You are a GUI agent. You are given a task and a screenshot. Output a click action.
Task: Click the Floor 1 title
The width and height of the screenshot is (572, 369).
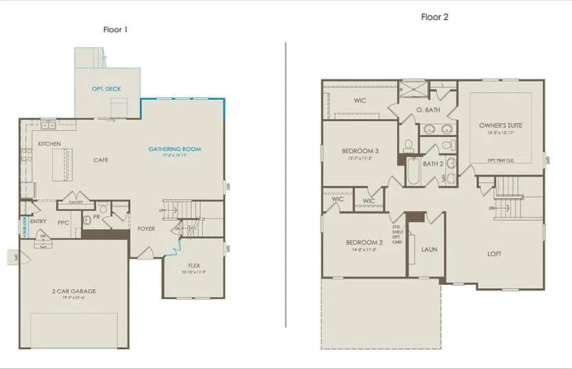114,29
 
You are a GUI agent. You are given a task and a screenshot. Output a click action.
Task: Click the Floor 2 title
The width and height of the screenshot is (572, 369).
434,17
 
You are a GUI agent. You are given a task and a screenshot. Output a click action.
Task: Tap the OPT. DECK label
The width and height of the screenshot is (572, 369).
106,90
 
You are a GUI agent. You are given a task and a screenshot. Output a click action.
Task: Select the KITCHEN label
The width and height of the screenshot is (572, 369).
49,144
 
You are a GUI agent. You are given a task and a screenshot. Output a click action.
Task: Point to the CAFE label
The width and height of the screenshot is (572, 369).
101,160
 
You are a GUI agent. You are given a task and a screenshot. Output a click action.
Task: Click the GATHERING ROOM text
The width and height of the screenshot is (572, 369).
175,149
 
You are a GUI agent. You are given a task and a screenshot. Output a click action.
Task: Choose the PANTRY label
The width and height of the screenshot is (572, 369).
75,203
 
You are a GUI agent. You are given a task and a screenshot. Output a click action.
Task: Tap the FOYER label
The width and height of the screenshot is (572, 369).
146,229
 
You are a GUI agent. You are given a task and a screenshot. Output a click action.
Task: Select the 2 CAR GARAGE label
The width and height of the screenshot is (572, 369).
74,291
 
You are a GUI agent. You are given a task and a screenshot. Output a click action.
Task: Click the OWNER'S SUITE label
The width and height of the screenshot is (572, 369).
500,125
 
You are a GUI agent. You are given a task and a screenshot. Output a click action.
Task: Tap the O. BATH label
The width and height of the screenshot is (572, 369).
428,110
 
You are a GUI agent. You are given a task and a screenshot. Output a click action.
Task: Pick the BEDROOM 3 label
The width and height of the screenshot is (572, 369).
360,151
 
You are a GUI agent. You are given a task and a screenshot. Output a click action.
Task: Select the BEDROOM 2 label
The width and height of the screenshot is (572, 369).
364,243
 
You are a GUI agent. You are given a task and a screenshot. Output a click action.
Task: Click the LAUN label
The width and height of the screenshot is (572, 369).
429,250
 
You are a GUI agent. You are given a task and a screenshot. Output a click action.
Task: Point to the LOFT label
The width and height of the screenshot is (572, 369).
494,254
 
